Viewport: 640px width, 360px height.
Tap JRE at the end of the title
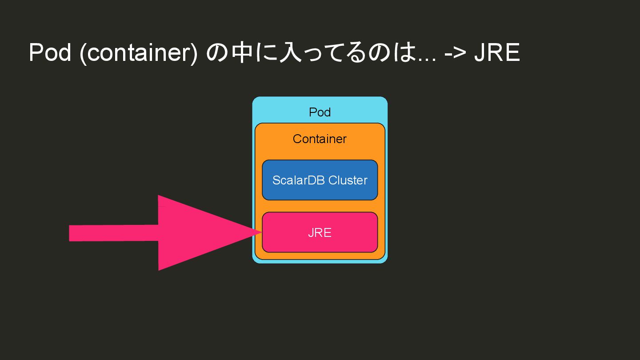pyautogui.click(x=496, y=52)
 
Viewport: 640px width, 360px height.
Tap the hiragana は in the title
pyautogui.click(x=406, y=53)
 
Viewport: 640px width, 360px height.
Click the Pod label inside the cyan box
pyautogui.click(x=320, y=112)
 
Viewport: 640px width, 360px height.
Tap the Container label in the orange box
pyautogui.click(x=320, y=139)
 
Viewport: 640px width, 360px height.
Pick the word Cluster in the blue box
pyautogui.click(x=348, y=180)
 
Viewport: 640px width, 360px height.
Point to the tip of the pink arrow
pyautogui.click(x=260, y=231)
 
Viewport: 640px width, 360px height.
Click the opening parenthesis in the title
pyautogui.click(x=83, y=53)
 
